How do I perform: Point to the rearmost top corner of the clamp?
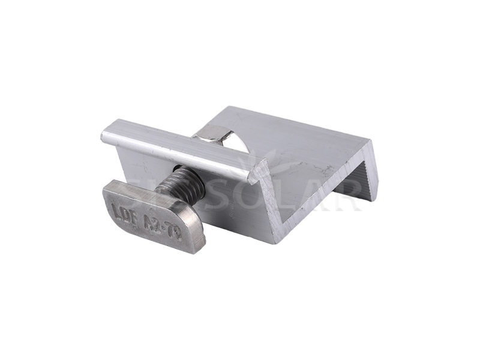(x=230, y=107)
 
